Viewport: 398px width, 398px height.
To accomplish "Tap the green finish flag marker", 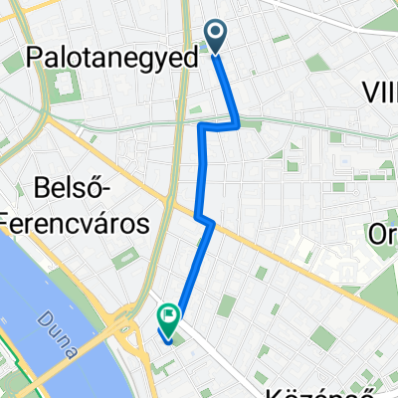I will pos(168,317).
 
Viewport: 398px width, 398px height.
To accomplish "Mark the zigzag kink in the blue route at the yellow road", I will pos(204,218).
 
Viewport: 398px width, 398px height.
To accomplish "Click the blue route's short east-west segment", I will pos(220,125).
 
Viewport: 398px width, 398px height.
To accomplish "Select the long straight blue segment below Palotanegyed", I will pos(204,169).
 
